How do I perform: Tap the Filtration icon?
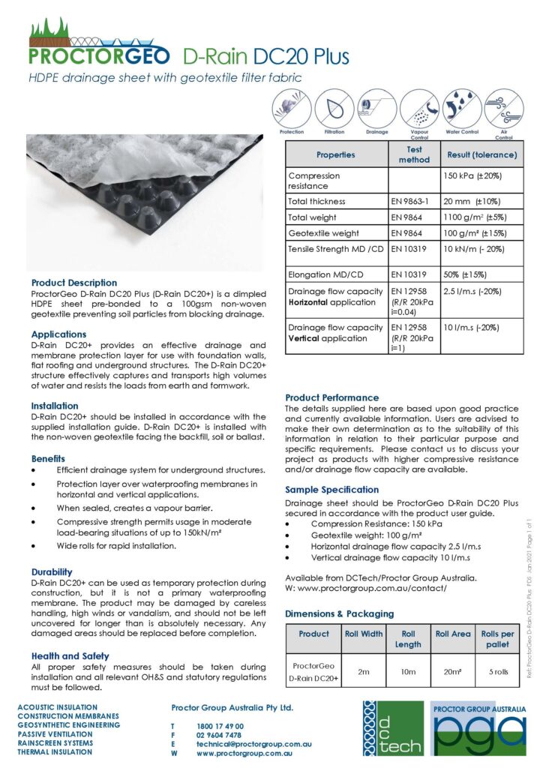[334, 109]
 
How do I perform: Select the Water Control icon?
[461, 109]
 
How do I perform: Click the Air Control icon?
[504, 109]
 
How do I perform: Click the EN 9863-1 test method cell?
[411, 202]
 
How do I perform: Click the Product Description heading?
[74, 283]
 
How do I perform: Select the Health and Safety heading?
[70, 655]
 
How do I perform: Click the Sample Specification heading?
[332, 490]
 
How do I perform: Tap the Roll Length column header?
[408, 639]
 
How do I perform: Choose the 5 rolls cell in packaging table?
[497, 672]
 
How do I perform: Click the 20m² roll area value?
[453, 672]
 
